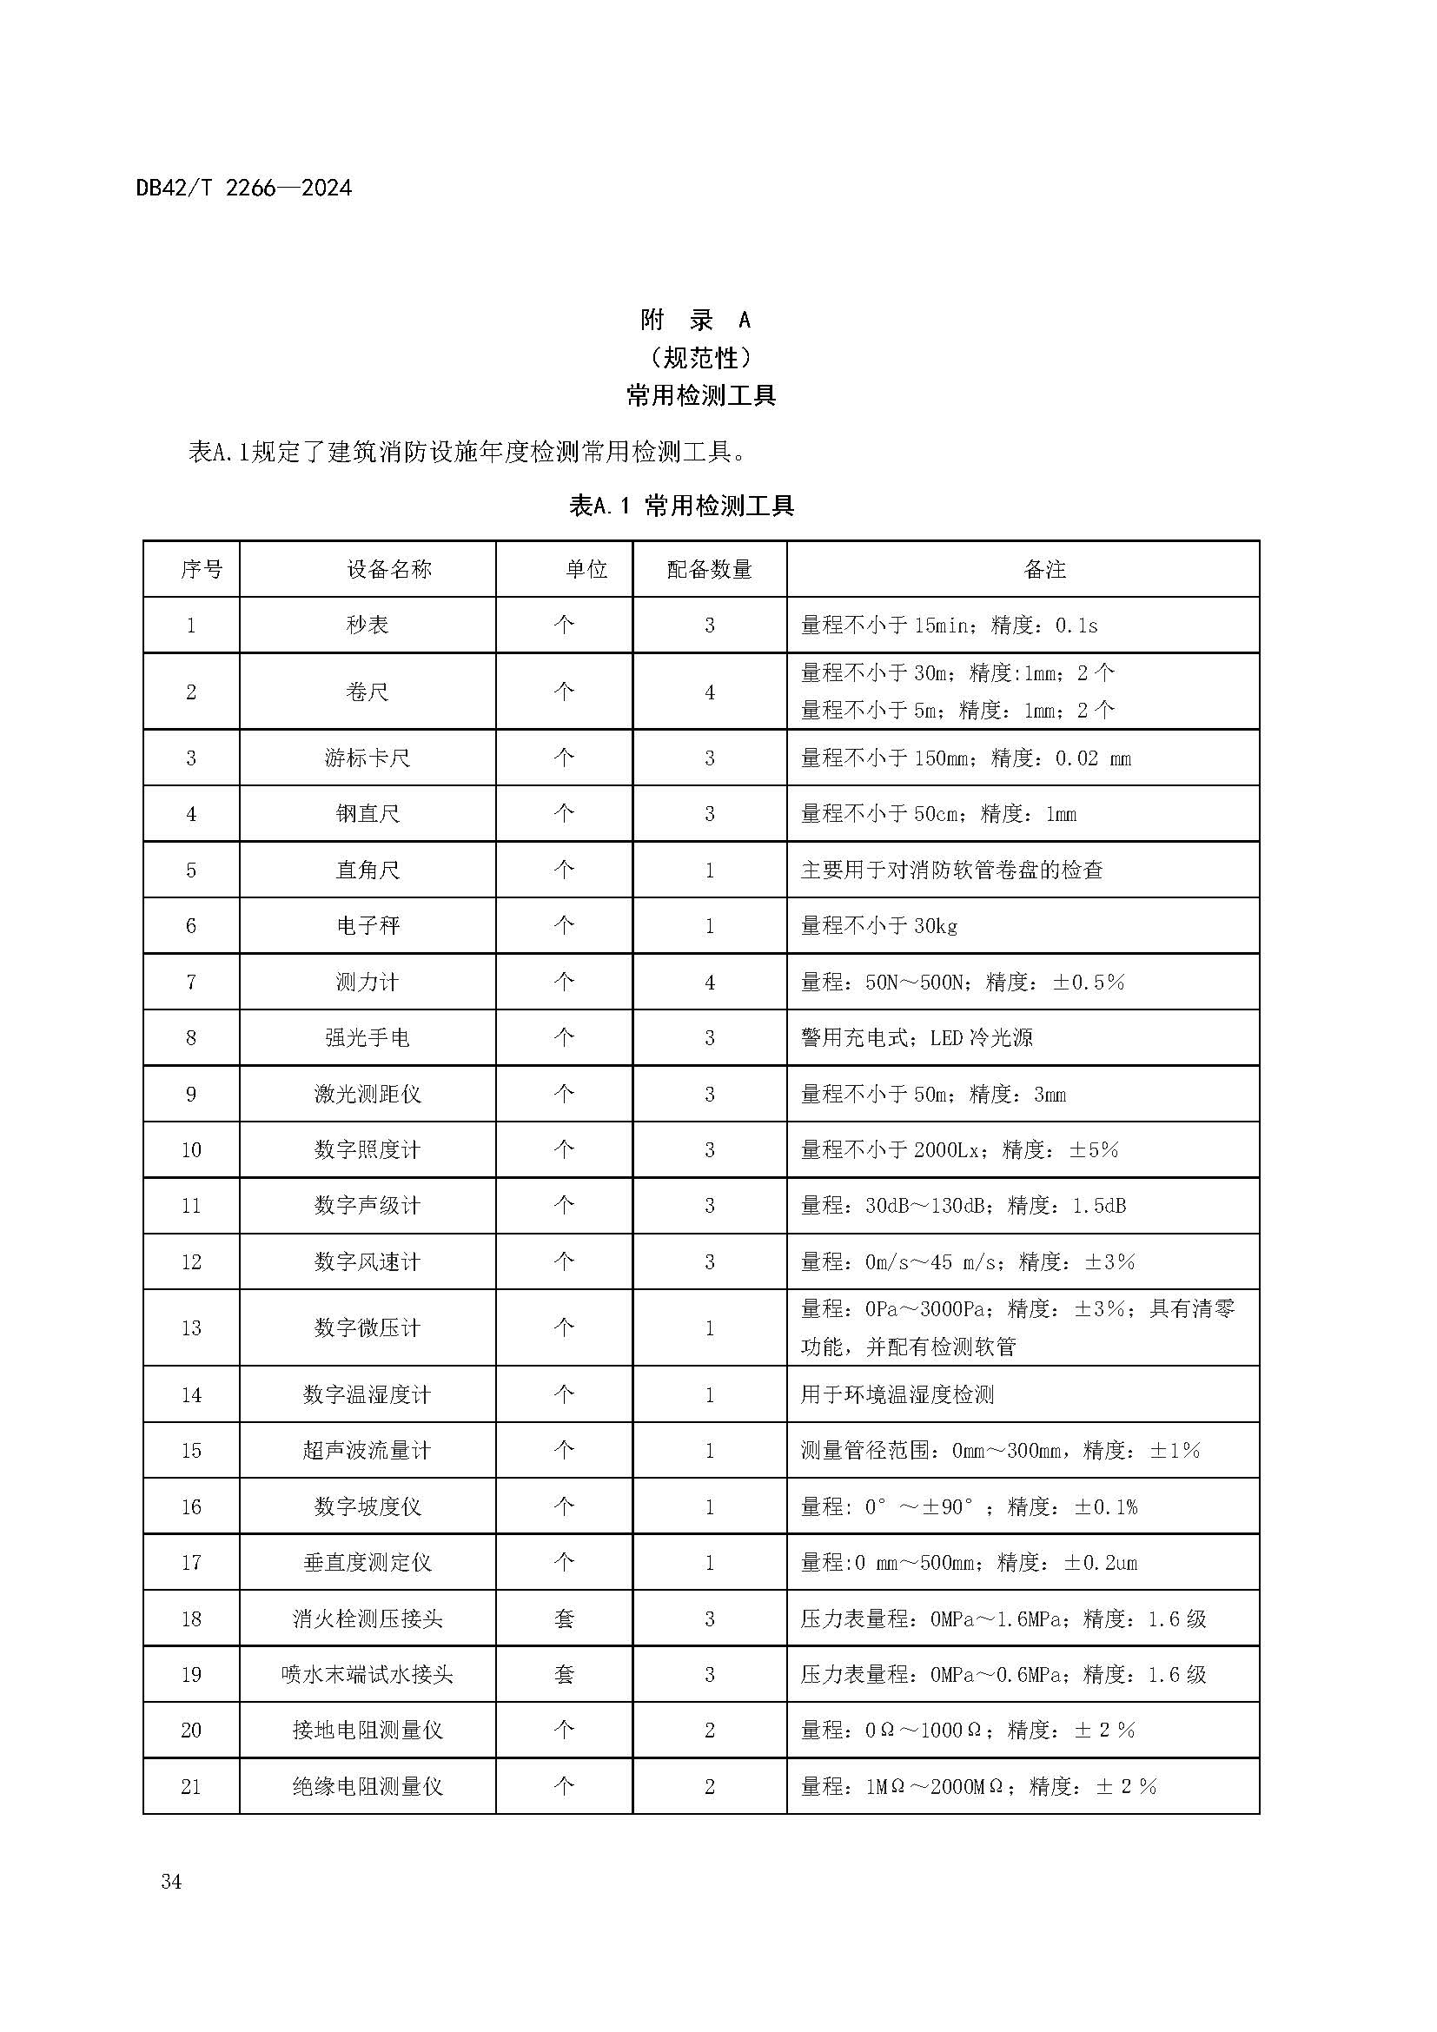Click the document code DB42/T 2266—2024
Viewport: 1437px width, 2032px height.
pos(243,189)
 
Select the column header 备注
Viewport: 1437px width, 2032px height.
pos(1044,569)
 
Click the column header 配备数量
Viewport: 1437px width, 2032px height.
pos(709,569)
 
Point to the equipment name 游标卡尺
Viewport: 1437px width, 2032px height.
pos(368,758)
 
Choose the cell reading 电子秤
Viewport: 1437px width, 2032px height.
pos(368,926)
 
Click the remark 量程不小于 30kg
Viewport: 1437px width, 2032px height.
pos(878,926)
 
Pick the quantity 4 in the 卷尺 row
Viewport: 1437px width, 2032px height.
pos(709,692)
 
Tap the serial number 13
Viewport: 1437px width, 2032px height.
pos(191,1327)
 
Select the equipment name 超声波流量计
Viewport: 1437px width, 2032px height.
pos(368,1451)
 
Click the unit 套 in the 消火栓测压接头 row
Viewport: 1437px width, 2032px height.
pos(564,1618)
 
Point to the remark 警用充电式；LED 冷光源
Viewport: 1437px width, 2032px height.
pos(916,1037)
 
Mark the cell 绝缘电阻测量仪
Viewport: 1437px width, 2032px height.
pos(368,1786)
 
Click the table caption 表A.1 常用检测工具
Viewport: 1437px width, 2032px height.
pos(681,506)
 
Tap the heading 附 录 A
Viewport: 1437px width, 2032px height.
pos(696,320)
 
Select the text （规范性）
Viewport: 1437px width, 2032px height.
pos(700,358)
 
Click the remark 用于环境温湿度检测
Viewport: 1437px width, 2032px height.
pos(897,1395)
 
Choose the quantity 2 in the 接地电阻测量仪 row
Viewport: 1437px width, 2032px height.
pos(709,1731)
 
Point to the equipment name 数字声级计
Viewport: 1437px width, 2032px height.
pos(368,1206)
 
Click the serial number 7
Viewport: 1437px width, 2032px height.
pos(191,982)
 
